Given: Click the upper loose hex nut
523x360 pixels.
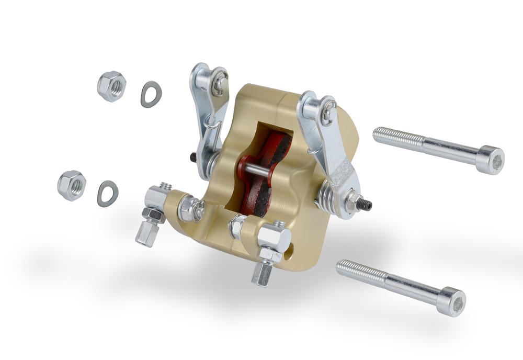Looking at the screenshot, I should [x=111, y=86].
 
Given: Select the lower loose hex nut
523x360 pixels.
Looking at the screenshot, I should [x=72, y=185].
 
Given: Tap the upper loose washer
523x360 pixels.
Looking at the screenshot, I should [x=151, y=94].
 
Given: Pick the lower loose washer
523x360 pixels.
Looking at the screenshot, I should [x=108, y=193].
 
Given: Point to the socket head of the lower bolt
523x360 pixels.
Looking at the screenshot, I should [x=452, y=301].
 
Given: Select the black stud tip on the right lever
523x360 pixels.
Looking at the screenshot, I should [x=368, y=204].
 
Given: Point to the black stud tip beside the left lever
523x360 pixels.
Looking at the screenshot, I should [x=194, y=157].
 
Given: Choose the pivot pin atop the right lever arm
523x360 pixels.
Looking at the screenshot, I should [x=328, y=113].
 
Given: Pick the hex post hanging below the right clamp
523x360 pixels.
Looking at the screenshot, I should [x=261, y=273].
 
